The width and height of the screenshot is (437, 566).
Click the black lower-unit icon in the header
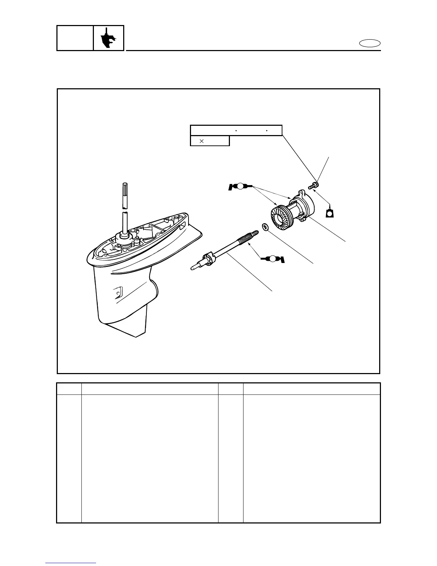[x=109, y=38]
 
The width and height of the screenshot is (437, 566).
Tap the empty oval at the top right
[x=370, y=44]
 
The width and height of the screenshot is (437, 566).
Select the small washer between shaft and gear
[x=265, y=227]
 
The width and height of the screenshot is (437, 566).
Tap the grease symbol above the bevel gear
[x=240, y=186]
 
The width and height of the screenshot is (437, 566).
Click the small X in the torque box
[x=201, y=141]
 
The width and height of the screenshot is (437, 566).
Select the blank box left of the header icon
[x=75, y=38]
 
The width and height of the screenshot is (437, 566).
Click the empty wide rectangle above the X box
[x=236, y=130]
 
